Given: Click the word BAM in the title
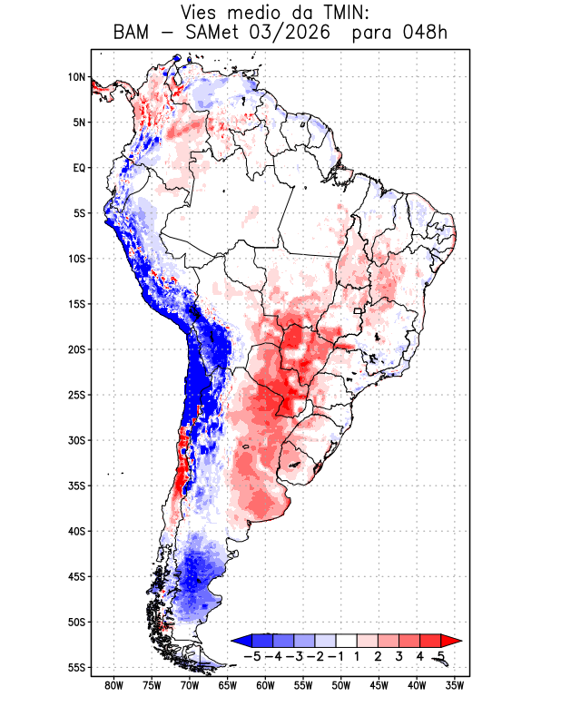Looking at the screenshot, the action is pos(132,34).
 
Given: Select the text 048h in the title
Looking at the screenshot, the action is pos(425,34).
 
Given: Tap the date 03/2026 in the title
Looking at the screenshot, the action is pos(290,34).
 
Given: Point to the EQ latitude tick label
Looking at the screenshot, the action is pos(79,168).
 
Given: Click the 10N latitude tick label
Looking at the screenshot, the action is pos(77,77).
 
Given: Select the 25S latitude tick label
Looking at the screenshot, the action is pos(77,395).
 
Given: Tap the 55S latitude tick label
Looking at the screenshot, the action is pos(77,668).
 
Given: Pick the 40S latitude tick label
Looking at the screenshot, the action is pos(77,531).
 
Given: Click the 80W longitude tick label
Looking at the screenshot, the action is pos(114,686).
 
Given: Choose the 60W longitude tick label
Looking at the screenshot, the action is pos(265,686).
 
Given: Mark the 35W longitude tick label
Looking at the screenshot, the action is pos(455,686).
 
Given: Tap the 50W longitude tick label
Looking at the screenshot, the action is pos(341,686).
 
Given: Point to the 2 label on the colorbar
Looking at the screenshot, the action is pos(378,656).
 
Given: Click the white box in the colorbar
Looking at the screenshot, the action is pos(347,641).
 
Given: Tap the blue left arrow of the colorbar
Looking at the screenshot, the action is pos(242,641).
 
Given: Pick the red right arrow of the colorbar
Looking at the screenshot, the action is pos(451,641).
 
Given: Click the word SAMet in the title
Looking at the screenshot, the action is pos(212,34).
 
